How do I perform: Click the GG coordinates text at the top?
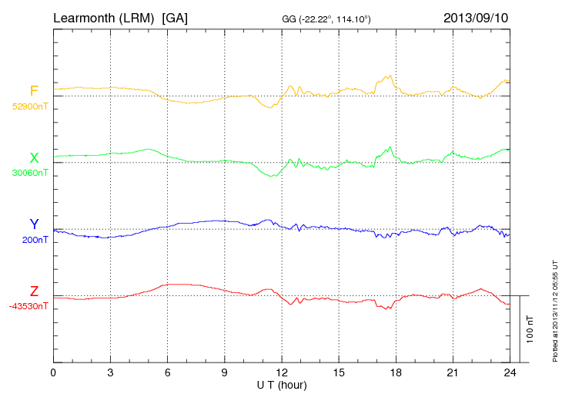coord(327,19)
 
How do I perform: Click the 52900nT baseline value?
coord(29,106)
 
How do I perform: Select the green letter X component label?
coord(34,158)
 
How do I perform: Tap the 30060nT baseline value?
coord(29,173)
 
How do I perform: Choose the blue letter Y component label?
coord(34,224)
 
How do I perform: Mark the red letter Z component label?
coord(34,291)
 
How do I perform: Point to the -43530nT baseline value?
coord(29,306)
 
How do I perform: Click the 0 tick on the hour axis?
coord(53,372)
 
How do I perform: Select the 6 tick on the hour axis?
coord(167,372)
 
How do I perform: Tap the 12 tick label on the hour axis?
coord(282,372)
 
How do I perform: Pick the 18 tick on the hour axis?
coord(396,372)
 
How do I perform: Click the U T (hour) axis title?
coord(282,384)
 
